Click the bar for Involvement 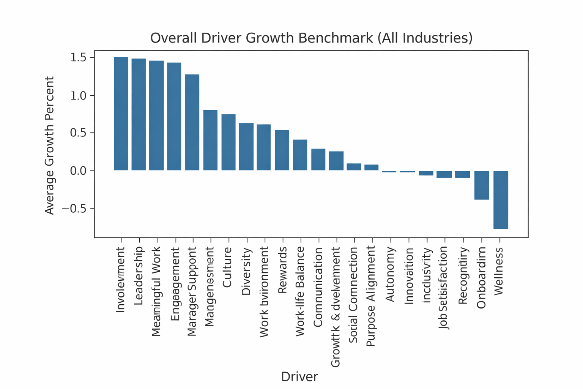point(121,114)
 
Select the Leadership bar point(139,114)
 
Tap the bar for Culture point(228,142)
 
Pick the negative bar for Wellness point(501,200)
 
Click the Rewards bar point(282,150)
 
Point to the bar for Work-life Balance point(300,155)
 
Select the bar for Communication point(318,160)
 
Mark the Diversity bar point(246,147)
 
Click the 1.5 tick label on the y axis point(78,57)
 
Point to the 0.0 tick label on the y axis point(78,171)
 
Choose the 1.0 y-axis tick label point(78,95)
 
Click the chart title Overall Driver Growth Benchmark point(311,38)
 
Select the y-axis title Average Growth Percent point(50,145)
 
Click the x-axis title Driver point(299,376)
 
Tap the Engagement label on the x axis point(175,284)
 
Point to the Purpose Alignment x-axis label point(371,296)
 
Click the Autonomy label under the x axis point(390,274)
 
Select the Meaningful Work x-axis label point(157,291)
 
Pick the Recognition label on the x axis point(463,276)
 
